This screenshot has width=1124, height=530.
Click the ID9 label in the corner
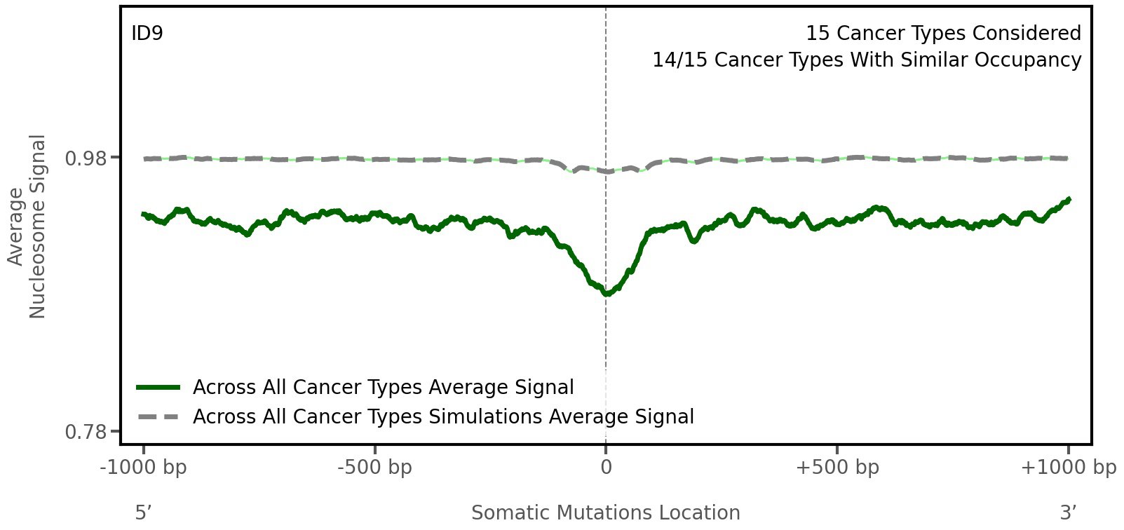point(147,33)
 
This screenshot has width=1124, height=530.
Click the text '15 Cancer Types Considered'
point(942,33)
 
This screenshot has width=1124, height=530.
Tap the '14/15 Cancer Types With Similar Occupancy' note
point(867,60)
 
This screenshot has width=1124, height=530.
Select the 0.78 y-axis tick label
point(87,432)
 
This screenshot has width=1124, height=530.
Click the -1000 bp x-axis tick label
point(144,468)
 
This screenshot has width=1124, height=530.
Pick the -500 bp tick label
point(374,468)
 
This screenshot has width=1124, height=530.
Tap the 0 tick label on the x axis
point(606,468)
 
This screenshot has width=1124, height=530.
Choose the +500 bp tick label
point(837,468)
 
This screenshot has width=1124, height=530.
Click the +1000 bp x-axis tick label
point(1067,468)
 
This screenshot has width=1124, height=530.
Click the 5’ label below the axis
point(144,512)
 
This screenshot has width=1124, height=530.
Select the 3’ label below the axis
point(1068,512)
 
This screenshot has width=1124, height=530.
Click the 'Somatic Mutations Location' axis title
point(605,512)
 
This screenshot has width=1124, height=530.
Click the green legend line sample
point(158,388)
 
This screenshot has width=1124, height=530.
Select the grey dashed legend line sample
point(158,417)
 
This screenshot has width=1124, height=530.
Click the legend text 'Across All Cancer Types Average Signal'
point(383,388)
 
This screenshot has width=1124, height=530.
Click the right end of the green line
point(1069,200)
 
